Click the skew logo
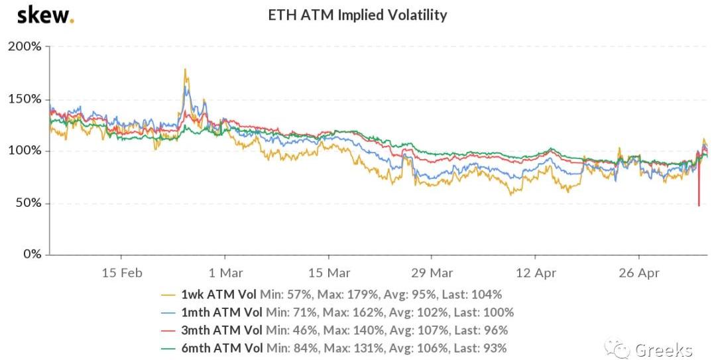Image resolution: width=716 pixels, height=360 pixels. [x=44, y=15]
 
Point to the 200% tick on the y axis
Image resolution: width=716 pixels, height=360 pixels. [x=25, y=47]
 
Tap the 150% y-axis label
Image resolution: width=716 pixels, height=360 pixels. [x=25, y=99]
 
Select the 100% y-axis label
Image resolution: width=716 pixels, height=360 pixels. [x=25, y=151]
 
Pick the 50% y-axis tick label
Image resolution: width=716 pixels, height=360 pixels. [x=28, y=204]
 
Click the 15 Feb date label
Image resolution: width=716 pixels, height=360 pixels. [x=121, y=272]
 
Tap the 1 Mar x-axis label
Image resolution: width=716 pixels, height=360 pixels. [x=225, y=272]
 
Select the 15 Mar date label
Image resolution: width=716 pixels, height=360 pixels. [x=329, y=272]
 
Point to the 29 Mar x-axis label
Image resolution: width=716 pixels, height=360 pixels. [x=432, y=272]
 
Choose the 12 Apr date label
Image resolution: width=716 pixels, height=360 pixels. [x=535, y=272]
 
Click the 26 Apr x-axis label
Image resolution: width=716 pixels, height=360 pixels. [x=638, y=272]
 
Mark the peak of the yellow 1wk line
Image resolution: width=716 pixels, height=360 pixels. [x=185, y=69]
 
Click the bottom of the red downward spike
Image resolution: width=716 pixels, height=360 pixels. [x=698, y=206]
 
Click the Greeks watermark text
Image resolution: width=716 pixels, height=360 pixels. [x=663, y=350]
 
